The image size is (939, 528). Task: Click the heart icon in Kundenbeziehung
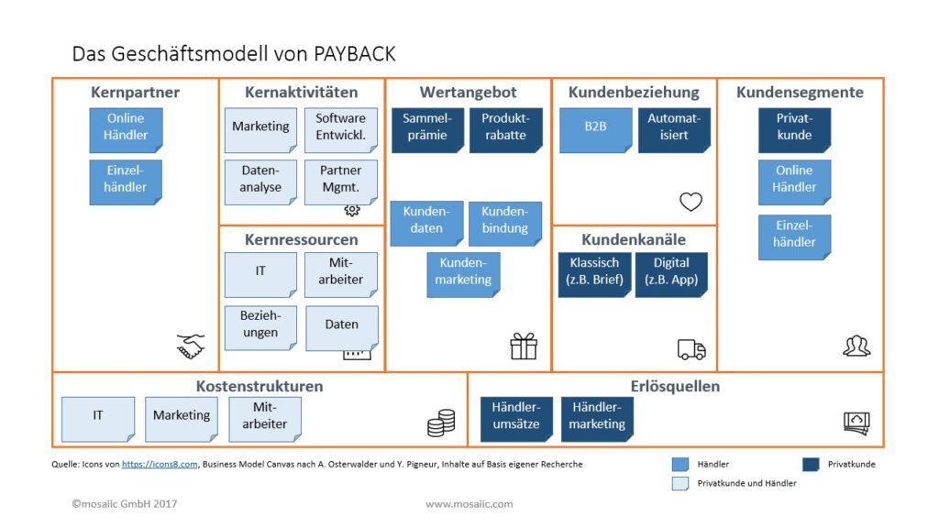coord(690,202)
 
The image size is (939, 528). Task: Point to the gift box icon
coord(524,346)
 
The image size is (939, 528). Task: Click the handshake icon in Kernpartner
coord(191,346)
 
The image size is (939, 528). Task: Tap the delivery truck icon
coord(691,349)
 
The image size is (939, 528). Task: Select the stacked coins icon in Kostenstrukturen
coord(441,423)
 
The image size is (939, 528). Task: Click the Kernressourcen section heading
coord(301,240)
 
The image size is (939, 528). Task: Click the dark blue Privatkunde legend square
coord(810,464)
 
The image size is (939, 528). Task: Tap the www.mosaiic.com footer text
coord(469,504)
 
